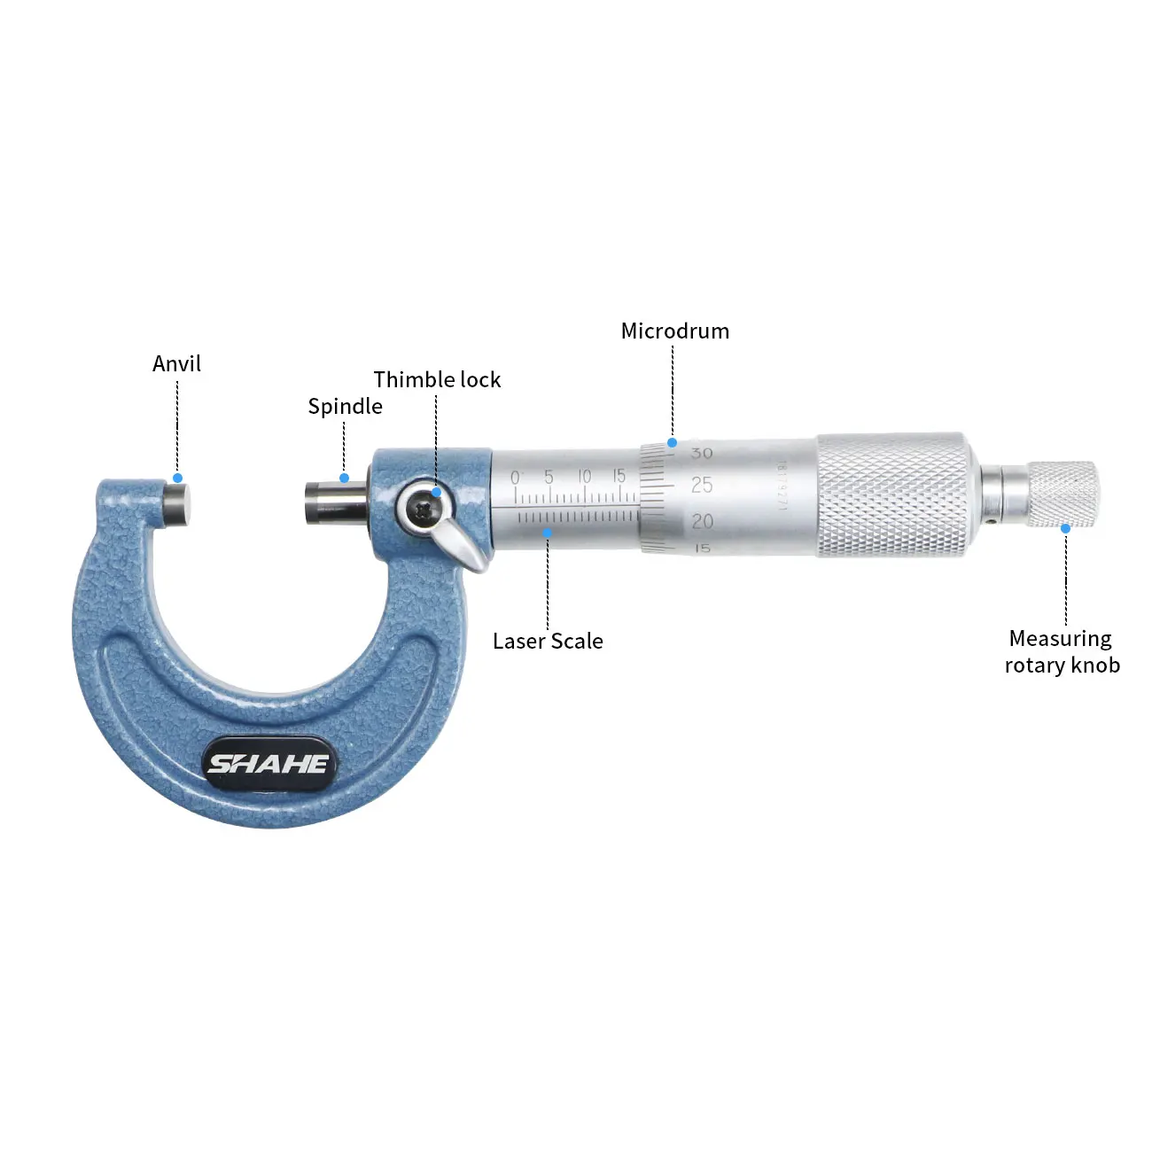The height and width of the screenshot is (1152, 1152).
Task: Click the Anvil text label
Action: pyautogui.click(x=176, y=363)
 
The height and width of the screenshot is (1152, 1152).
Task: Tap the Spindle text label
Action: pyautogui.click(x=345, y=407)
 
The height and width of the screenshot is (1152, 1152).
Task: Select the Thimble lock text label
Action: pyautogui.click(x=437, y=379)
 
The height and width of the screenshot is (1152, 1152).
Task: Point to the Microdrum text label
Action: pyautogui.click(x=675, y=331)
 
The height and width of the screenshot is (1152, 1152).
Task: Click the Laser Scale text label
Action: pyautogui.click(x=548, y=641)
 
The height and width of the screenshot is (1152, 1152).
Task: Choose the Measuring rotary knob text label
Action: pyautogui.click(x=1062, y=651)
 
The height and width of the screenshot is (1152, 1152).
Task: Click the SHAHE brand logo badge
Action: pyautogui.click(x=269, y=763)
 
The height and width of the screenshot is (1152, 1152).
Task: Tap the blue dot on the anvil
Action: pyautogui.click(x=177, y=479)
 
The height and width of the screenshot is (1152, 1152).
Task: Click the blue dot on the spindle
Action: pyautogui.click(x=344, y=479)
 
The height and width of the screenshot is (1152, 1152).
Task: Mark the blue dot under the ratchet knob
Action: pyautogui.click(x=1065, y=528)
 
